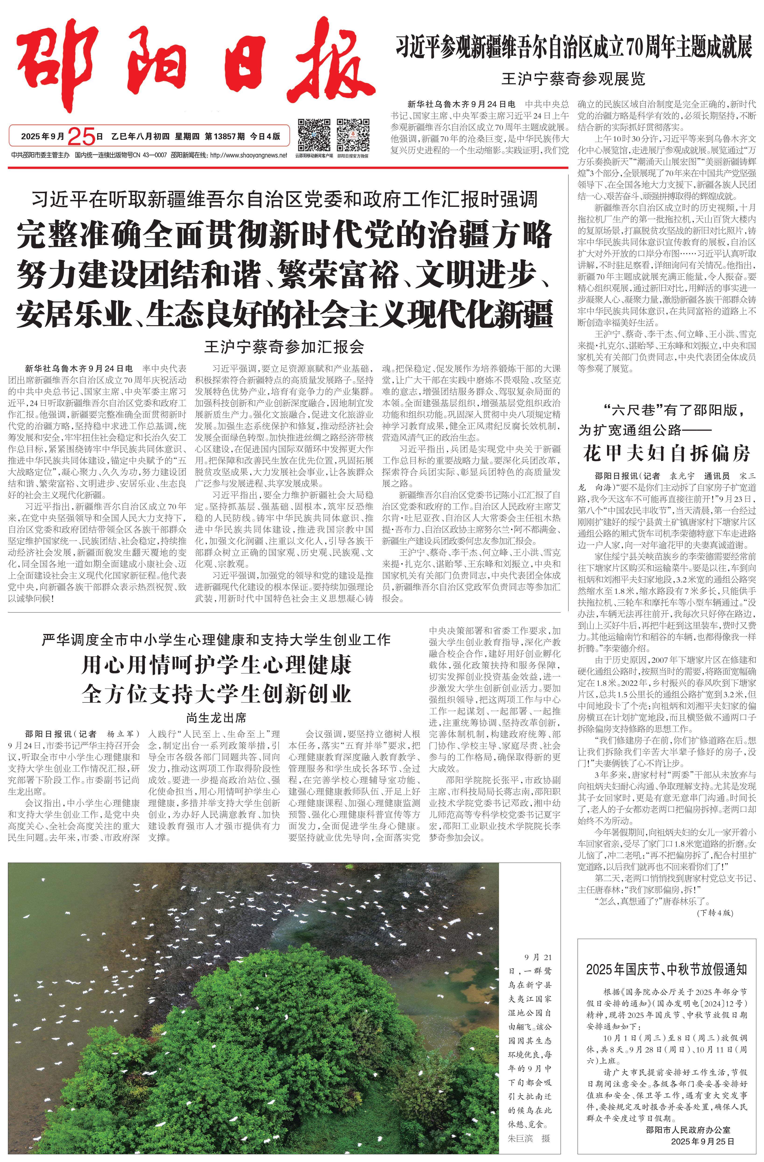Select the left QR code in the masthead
tap(314, 134)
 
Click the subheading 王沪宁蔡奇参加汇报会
tap(284, 347)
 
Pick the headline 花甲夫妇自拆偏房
tap(666, 453)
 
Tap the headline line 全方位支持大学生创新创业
tap(217, 693)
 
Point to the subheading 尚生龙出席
tap(217, 718)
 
